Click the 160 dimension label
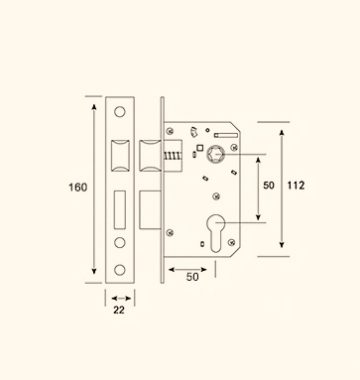click(x=78, y=187)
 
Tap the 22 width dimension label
click(x=119, y=310)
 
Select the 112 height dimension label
click(x=296, y=185)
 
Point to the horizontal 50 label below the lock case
click(x=192, y=277)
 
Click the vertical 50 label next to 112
click(x=269, y=185)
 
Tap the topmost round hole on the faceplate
click(x=120, y=112)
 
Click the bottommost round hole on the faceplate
click(x=120, y=270)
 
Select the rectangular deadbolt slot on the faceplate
click(x=120, y=210)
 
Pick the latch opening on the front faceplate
click(x=120, y=156)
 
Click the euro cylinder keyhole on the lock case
click(x=216, y=233)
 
